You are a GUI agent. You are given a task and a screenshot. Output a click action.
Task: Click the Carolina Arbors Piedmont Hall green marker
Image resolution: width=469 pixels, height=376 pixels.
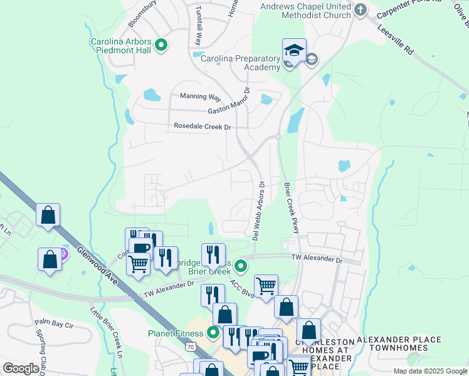(x=161, y=44)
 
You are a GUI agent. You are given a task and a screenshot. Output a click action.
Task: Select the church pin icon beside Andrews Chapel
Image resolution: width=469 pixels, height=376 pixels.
(x=361, y=9)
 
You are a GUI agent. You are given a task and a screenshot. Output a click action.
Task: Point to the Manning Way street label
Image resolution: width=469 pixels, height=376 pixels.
(x=201, y=97)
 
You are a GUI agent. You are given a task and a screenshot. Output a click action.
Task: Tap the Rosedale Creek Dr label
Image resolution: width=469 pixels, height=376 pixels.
(x=203, y=127)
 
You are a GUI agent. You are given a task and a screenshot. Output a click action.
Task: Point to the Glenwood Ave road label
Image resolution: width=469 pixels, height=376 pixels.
(x=98, y=266)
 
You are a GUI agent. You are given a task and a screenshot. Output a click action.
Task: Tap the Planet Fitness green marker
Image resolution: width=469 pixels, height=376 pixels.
(x=214, y=332)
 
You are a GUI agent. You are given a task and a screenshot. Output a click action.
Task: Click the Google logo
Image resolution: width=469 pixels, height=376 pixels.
(x=21, y=368)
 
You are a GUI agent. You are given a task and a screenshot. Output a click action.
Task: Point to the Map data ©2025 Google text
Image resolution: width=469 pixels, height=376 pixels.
(x=429, y=371)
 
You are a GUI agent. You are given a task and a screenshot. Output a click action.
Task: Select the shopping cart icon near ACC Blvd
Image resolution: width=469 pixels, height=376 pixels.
(x=266, y=286)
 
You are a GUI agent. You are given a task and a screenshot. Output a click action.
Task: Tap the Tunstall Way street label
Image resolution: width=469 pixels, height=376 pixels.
(x=198, y=25)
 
